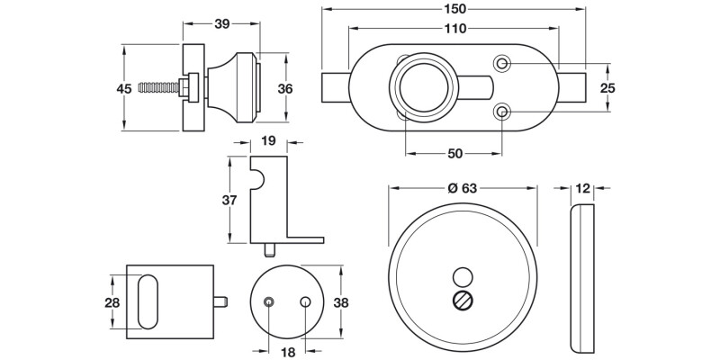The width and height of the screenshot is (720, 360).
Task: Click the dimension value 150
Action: [455, 8]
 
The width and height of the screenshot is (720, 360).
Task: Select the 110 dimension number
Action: [454, 29]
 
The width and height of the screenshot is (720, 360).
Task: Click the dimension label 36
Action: [284, 88]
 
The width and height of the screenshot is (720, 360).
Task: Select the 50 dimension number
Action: [454, 154]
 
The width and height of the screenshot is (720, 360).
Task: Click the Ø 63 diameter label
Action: [463, 188]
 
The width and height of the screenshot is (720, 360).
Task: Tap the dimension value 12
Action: [583, 188]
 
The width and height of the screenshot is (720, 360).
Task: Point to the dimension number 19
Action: [267, 140]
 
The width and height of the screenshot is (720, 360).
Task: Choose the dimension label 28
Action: [112, 302]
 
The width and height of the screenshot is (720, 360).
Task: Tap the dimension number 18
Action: [287, 353]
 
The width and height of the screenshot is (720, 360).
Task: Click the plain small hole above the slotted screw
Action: [463, 276]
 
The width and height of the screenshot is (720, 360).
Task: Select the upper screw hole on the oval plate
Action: [502, 63]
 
